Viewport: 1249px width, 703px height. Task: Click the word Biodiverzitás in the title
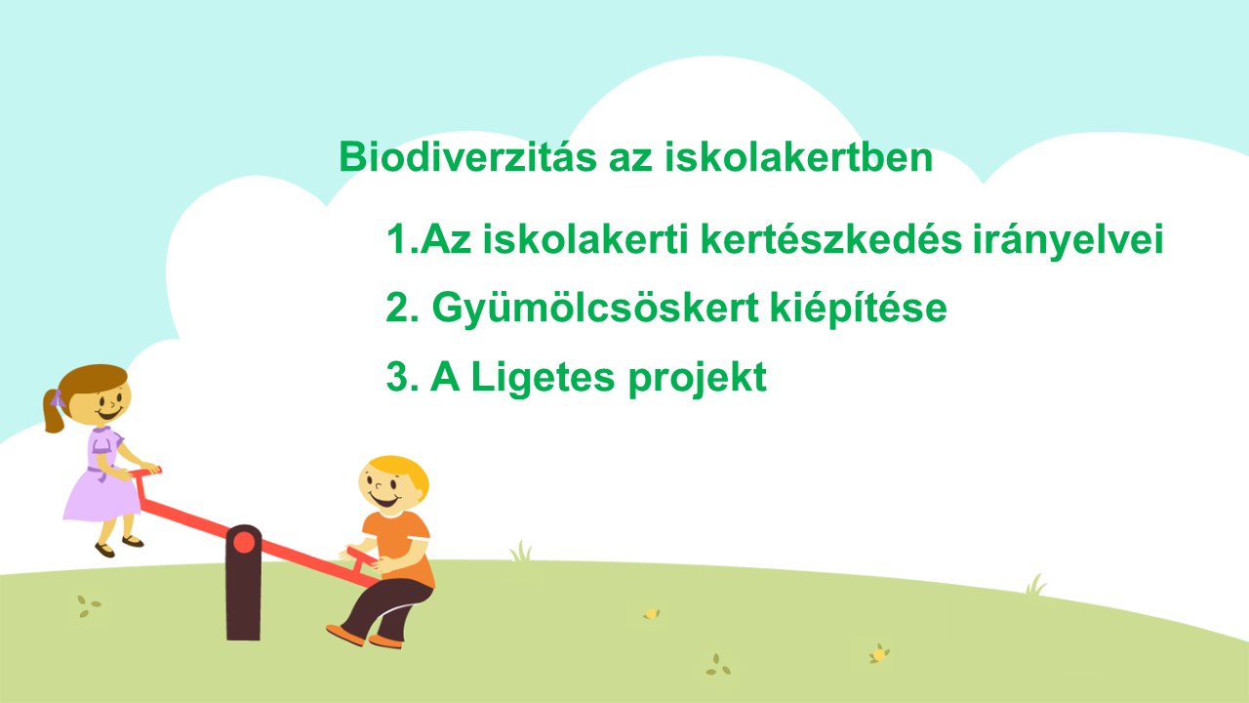[x=467, y=157]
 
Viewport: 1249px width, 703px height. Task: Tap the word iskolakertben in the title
[x=798, y=157]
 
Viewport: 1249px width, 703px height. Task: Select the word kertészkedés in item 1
[x=830, y=239]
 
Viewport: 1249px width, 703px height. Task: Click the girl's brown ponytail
[x=54, y=413]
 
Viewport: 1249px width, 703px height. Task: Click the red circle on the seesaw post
[x=244, y=542]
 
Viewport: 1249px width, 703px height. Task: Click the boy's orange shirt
[x=399, y=548]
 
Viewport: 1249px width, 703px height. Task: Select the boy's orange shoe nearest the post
[x=345, y=635]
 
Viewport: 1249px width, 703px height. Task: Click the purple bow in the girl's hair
[x=58, y=399]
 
